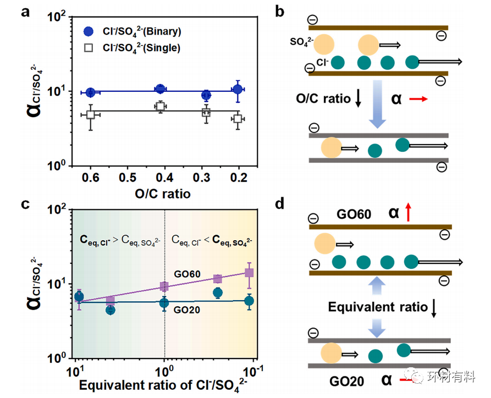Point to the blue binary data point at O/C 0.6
(91, 92)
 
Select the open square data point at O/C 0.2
(238, 119)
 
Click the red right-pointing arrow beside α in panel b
(417, 99)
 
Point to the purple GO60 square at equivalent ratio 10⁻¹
(249, 273)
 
